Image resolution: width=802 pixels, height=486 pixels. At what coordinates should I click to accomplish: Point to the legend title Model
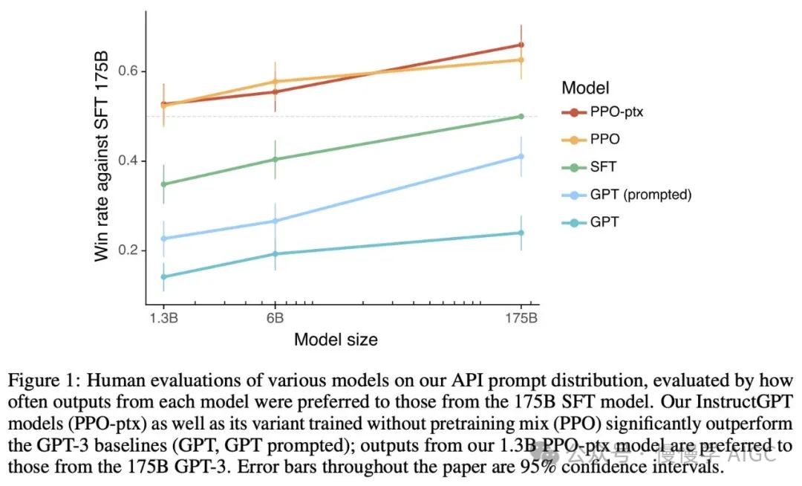click(586, 88)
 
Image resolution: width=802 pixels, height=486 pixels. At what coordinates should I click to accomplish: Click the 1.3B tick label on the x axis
click(163, 317)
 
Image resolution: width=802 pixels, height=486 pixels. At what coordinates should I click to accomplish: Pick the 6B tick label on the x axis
click(276, 317)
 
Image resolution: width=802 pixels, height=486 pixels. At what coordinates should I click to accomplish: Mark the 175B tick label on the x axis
click(521, 317)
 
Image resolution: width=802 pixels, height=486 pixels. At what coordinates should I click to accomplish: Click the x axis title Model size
click(336, 340)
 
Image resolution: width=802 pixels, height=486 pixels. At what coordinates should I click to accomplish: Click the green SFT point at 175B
click(521, 116)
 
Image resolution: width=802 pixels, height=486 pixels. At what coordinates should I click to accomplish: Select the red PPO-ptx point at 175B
click(521, 45)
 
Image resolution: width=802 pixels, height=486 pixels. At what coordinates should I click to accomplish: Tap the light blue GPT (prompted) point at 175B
click(521, 156)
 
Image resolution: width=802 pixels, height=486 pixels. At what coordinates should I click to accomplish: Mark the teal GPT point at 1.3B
click(163, 277)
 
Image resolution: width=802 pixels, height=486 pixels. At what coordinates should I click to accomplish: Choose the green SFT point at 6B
click(276, 159)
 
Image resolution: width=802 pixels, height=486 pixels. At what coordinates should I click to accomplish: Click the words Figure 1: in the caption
click(39, 380)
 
